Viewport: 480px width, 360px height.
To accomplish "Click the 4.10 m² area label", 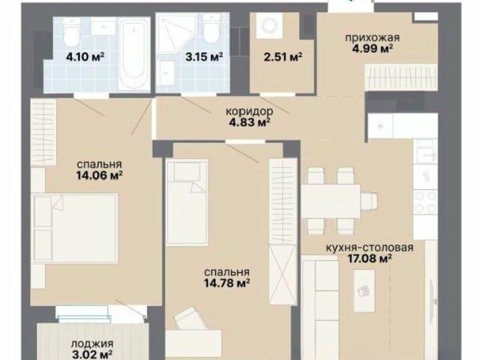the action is [x=85, y=57].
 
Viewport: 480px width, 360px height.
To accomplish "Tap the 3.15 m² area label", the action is [x=204, y=57].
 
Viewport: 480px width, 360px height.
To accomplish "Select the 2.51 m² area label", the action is [x=283, y=57].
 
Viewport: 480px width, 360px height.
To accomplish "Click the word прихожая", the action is [x=373, y=38].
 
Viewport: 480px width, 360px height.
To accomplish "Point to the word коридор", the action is [x=250, y=112].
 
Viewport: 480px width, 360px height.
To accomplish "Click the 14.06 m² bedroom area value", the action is [x=100, y=175].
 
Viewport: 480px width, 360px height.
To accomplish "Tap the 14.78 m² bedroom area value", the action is [x=226, y=283].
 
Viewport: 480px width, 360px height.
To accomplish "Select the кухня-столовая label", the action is [x=370, y=247].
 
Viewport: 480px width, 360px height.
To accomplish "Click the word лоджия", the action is [x=92, y=343].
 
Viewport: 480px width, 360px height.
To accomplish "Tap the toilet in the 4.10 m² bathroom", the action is [x=72, y=31].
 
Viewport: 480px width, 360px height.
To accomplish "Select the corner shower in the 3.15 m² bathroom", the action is [x=175, y=34].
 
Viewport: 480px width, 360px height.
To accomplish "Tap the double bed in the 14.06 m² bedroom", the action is [x=76, y=228].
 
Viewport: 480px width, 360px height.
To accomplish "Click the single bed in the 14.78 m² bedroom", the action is [x=187, y=202].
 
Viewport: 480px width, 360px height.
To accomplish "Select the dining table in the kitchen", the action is [x=331, y=201].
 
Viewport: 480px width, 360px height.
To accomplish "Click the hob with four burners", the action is [x=425, y=202].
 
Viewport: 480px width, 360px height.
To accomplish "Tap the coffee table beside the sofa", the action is [x=364, y=291].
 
